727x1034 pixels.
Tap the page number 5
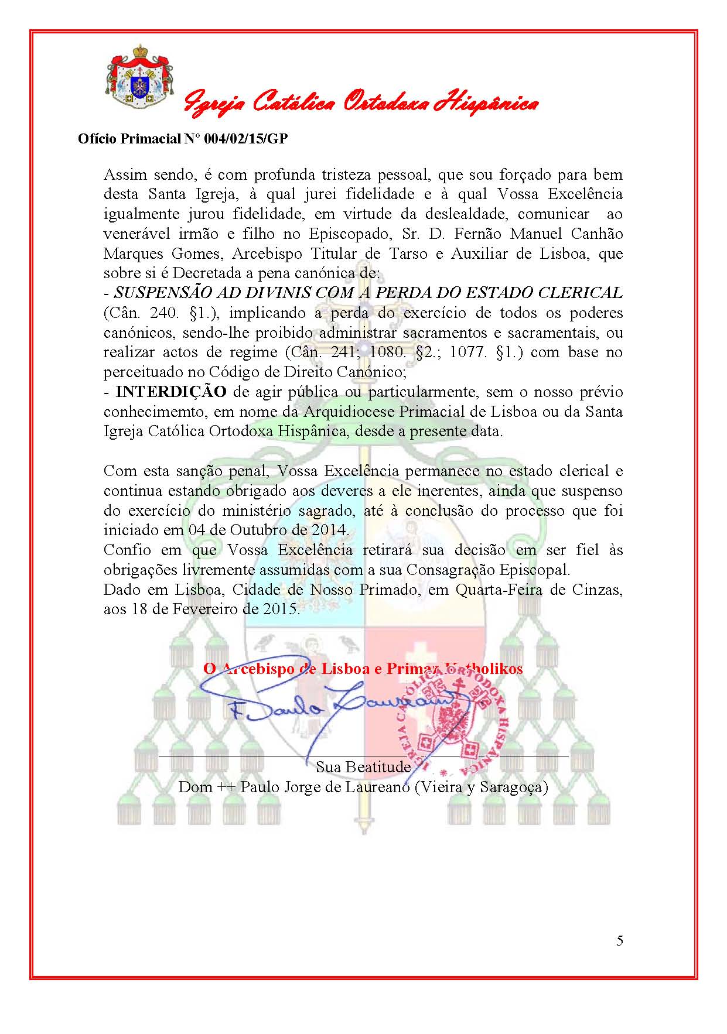(x=620, y=940)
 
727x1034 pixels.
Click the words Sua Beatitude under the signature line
(x=363, y=766)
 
